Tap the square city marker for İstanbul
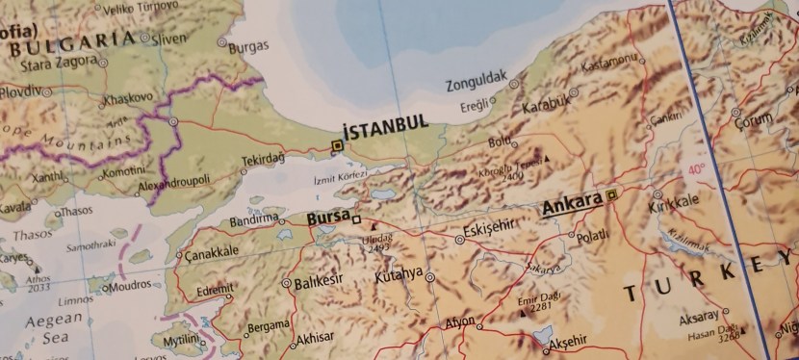(x=336, y=146)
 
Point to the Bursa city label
(x=326, y=219)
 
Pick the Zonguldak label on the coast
(x=477, y=85)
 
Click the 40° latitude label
(x=695, y=170)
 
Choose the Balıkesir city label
(x=319, y=282)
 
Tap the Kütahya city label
(x=399, y=274)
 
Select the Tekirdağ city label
(x=263, y=159)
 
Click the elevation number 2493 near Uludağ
(x=377, y=248)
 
